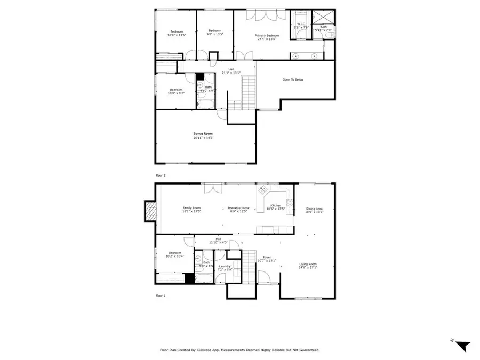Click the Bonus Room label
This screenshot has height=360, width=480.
point(203,133)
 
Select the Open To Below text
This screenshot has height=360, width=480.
point(293,79)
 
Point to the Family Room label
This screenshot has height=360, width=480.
point(191,208)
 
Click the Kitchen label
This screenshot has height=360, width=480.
point(275,205)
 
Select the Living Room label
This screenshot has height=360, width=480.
point(308,264)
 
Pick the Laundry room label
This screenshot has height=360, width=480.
point(225,266)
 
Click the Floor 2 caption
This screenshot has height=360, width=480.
point(161,175)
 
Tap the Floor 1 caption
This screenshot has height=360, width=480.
point(161,295)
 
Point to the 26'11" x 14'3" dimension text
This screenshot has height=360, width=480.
point(203,138)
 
